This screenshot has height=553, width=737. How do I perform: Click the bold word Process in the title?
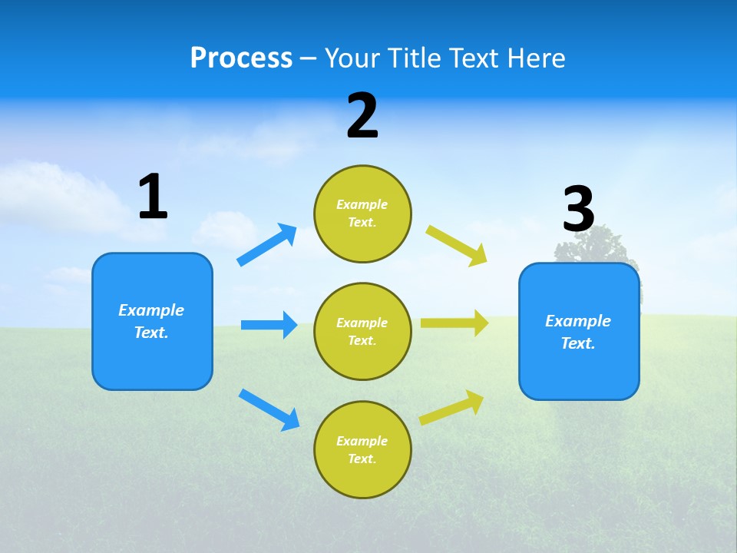(x=241, y=58)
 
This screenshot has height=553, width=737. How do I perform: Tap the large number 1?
(x=153, y=197)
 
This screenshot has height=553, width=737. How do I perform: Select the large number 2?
(x=362, y=116)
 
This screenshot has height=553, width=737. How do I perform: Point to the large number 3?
(x=579, y=209)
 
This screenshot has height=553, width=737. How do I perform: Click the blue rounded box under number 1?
(x=152, y=361)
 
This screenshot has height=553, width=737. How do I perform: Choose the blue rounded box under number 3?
(x=579, y=373)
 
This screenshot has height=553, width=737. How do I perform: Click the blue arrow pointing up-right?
(x=267, y=245)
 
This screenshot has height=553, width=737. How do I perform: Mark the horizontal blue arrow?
(x=269, y=325)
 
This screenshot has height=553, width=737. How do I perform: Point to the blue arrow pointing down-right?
(x=269, y=409)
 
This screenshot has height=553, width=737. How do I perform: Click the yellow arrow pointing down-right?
(x=457, y=246)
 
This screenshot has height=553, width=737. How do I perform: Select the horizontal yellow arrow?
(x=454, y=323)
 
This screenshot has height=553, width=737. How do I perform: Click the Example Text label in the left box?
(x=151, y=321)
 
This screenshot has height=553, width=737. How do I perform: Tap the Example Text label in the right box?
(x=578, y=332)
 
